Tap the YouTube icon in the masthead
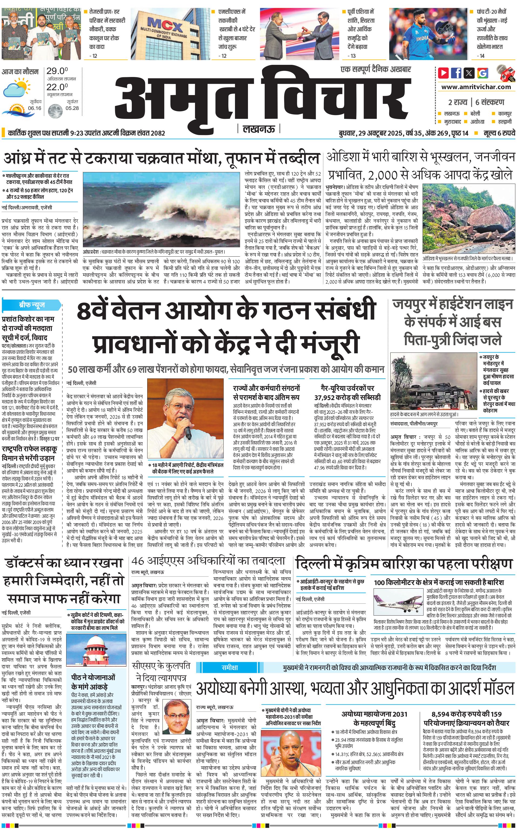tap(443, 73)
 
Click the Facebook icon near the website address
tap(456, 73)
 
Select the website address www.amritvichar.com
tap(476, 87)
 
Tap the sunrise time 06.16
tap(35, 108)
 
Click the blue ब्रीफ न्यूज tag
tap(32, 304)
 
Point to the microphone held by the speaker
tap(187, 432)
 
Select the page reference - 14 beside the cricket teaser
tap(481, 56)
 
